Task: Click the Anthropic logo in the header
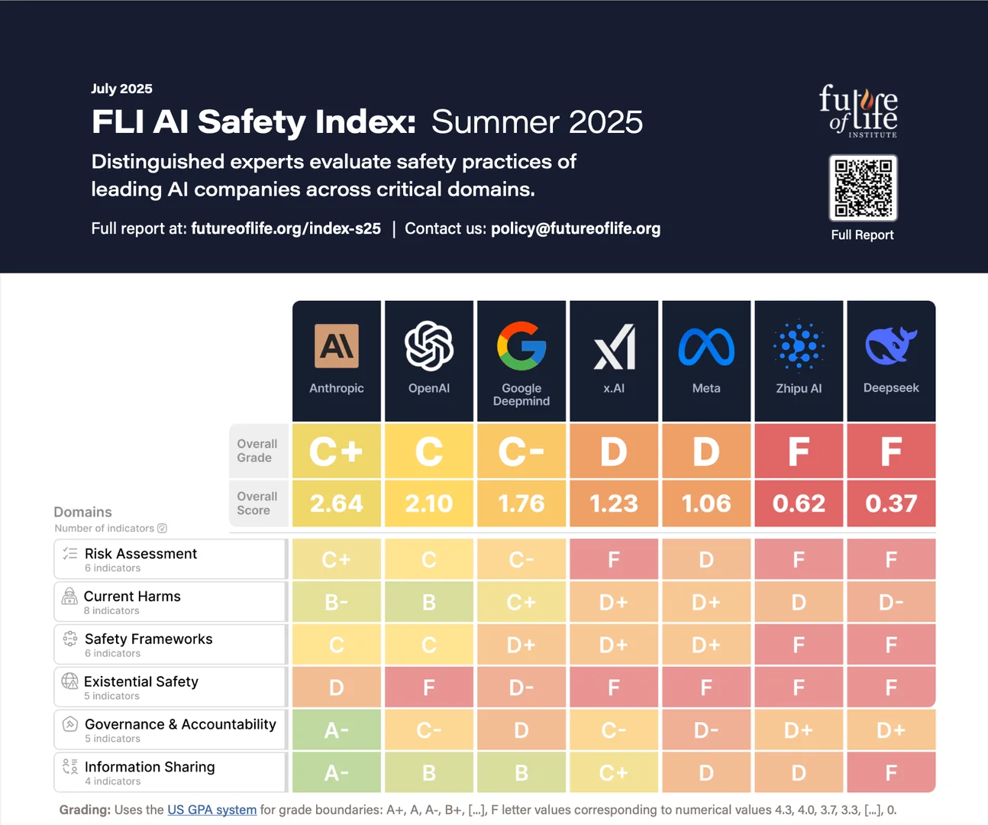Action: point(337,346)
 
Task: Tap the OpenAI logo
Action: point(429,346)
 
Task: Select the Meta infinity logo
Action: point(706,347)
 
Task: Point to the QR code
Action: point(863,188)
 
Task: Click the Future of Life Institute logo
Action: point(858,112)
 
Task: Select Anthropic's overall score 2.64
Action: point(337,503)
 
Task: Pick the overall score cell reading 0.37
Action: point(891,503)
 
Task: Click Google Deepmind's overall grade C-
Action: point(521,451)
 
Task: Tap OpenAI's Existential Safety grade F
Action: point(429,687)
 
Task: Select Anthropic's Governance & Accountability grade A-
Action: point(337,730)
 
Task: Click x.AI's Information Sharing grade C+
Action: point(614,772)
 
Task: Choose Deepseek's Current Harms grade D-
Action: point(891,602)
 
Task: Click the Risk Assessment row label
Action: point(140,553)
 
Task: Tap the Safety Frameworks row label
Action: point(149,639)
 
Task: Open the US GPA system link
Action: point(212,810)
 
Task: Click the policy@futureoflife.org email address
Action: point(576,228)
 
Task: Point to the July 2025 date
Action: point(121,89)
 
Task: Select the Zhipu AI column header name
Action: point(799,389)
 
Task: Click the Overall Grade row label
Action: point(257,451)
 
